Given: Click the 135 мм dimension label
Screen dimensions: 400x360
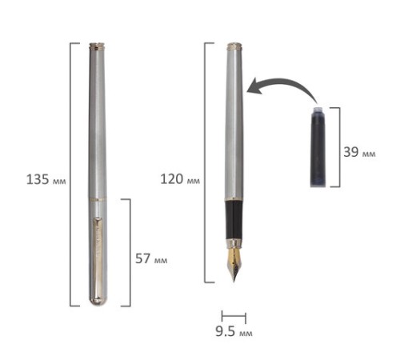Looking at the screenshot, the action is point(46,179).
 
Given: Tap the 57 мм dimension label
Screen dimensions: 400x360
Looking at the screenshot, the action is point(151,258).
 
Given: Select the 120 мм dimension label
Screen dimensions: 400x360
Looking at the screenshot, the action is point(180,179).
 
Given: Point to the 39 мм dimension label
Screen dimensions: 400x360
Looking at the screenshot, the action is point(359,152).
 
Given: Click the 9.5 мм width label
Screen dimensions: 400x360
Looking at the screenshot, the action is point(234,331).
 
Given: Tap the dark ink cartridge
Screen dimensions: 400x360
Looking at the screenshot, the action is point(319,146).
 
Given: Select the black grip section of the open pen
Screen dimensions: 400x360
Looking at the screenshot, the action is point(234,220).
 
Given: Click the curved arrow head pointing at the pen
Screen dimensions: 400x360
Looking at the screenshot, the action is point(255,86).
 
